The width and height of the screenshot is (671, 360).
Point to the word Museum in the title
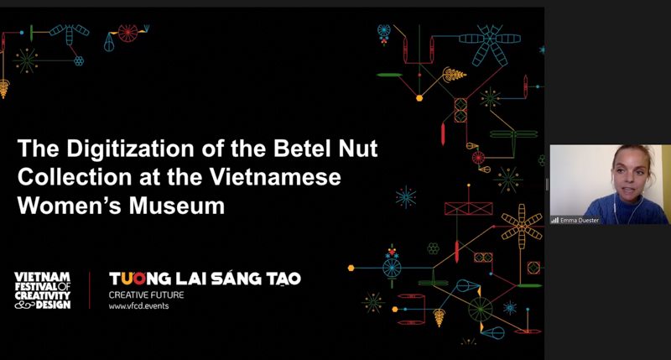tap(185, 205)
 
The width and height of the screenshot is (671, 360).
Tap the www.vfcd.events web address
tap(133, 306)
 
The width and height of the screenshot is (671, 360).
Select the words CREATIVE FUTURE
tap(146, 295)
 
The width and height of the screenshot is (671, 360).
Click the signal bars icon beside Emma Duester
tap(555, 220)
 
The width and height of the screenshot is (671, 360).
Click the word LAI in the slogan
tap(189, 278)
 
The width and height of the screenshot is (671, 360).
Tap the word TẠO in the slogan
tap(282, 278)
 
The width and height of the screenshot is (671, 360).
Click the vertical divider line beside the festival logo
tap(90, 290)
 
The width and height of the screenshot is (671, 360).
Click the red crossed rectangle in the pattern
tap(468, 208)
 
